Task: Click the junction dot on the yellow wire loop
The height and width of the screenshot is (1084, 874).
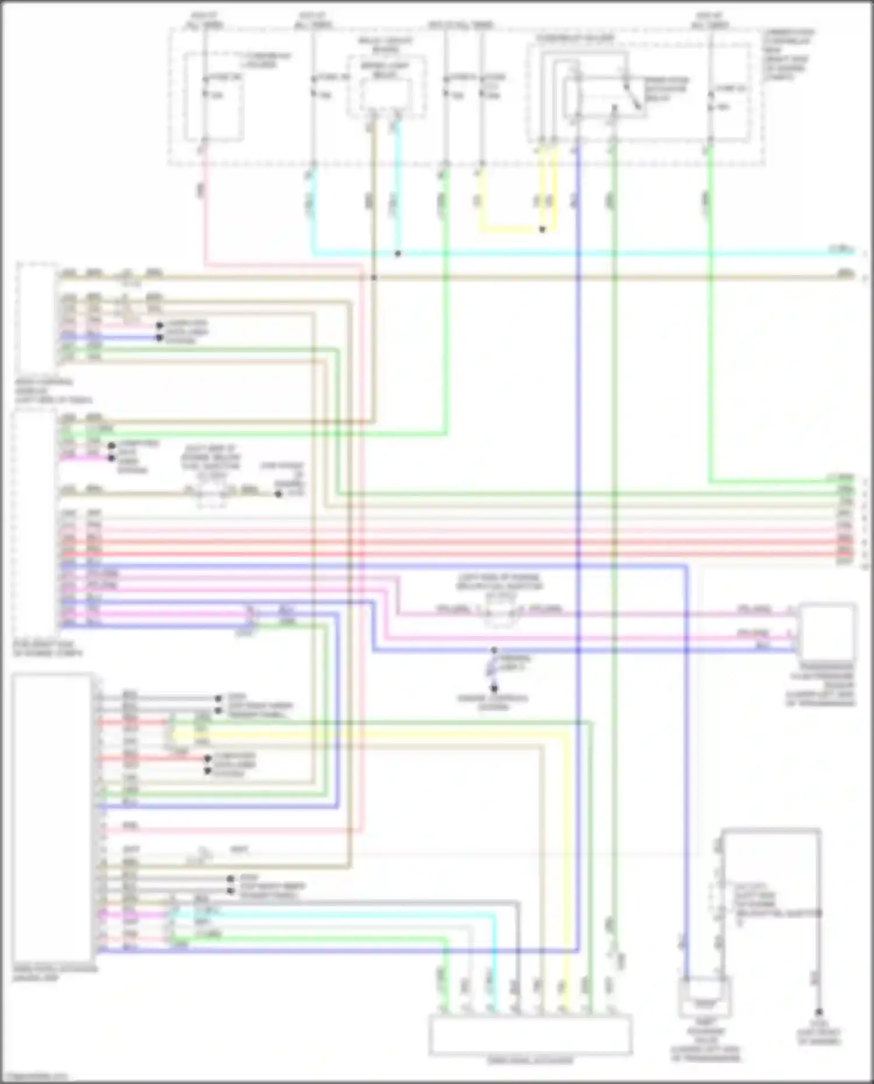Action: click(542, 229)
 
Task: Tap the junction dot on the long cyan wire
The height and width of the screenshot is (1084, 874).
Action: click(398, 254)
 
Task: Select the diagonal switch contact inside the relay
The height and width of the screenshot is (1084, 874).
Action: click(632, 96)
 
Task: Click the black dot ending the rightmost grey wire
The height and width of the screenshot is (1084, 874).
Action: click(819, 1012)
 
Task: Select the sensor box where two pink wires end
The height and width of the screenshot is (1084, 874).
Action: click(827, 632)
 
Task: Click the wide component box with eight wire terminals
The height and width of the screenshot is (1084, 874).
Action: click(530, 1035)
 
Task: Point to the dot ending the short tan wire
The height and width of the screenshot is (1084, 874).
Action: click(279, 494)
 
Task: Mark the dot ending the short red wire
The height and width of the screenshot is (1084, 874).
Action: click(208, 758)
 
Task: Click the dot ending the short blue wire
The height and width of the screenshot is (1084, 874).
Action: click(159, 337)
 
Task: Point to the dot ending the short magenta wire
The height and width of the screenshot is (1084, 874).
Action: click(111, 458)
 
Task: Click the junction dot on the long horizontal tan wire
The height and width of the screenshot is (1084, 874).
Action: click(374, 277)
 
